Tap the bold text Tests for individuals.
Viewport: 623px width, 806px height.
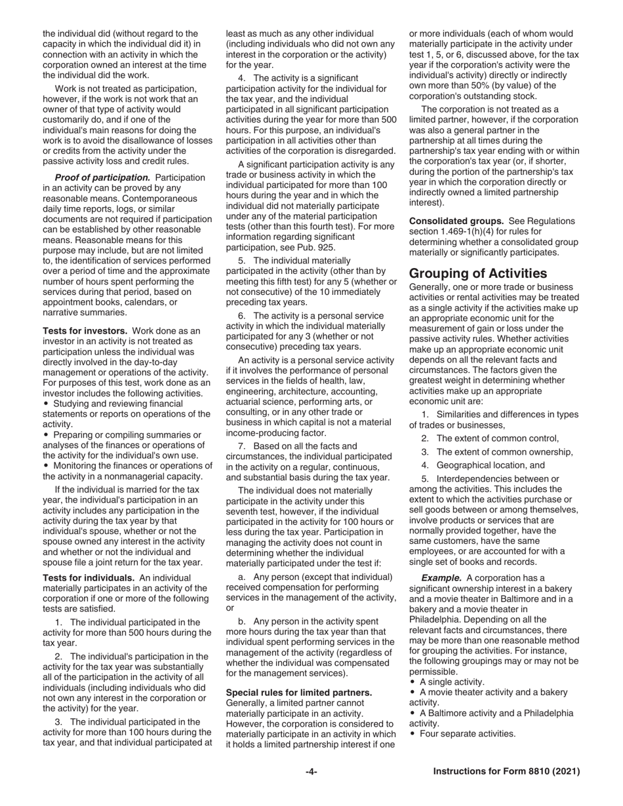(89, 577)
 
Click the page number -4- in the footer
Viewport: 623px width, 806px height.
(311, 772)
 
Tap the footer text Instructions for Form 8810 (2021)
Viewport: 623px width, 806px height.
(506, 772)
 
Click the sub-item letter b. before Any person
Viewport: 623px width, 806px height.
(242, 621)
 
